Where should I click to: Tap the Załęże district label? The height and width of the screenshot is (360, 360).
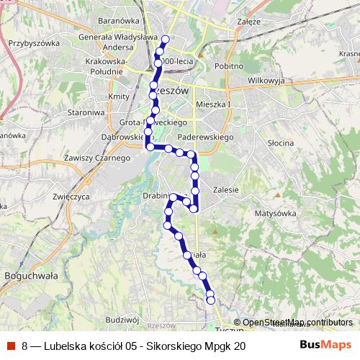[x=248, y=22]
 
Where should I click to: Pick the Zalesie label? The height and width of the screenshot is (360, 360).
[x=226, y=189]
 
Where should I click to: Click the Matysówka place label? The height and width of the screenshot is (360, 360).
[x=276, y=213]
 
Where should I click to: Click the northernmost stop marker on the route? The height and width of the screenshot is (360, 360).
[x=166, y=40]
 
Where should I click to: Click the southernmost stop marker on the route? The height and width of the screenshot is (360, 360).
[x=211, y=301]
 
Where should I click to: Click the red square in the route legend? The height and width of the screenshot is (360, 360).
[x=12, y=346]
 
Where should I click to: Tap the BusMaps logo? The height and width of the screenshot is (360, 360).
[x=325, y=346]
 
